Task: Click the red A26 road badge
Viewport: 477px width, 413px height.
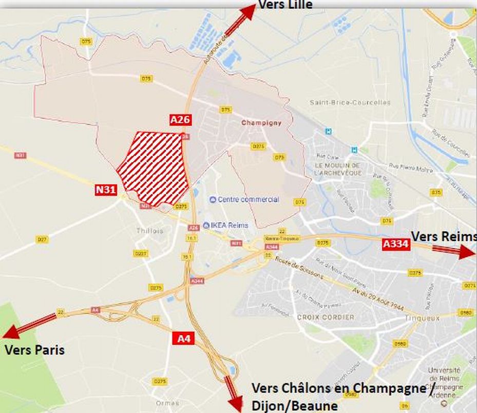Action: coord(180,119)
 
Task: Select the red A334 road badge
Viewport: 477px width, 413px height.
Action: coord(396,244)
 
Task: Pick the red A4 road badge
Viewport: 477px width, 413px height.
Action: coord(183,338)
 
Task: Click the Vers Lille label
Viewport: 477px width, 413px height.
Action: coord(285,5)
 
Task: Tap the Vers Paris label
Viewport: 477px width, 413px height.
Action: coord(34,350)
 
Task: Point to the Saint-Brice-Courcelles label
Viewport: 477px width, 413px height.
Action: coord(350,102)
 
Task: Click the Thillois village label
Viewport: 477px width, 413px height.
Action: coord(149,231)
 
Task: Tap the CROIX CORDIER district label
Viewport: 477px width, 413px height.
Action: coord(326,317)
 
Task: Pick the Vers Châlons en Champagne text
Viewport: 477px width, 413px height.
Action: coord(339,388)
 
